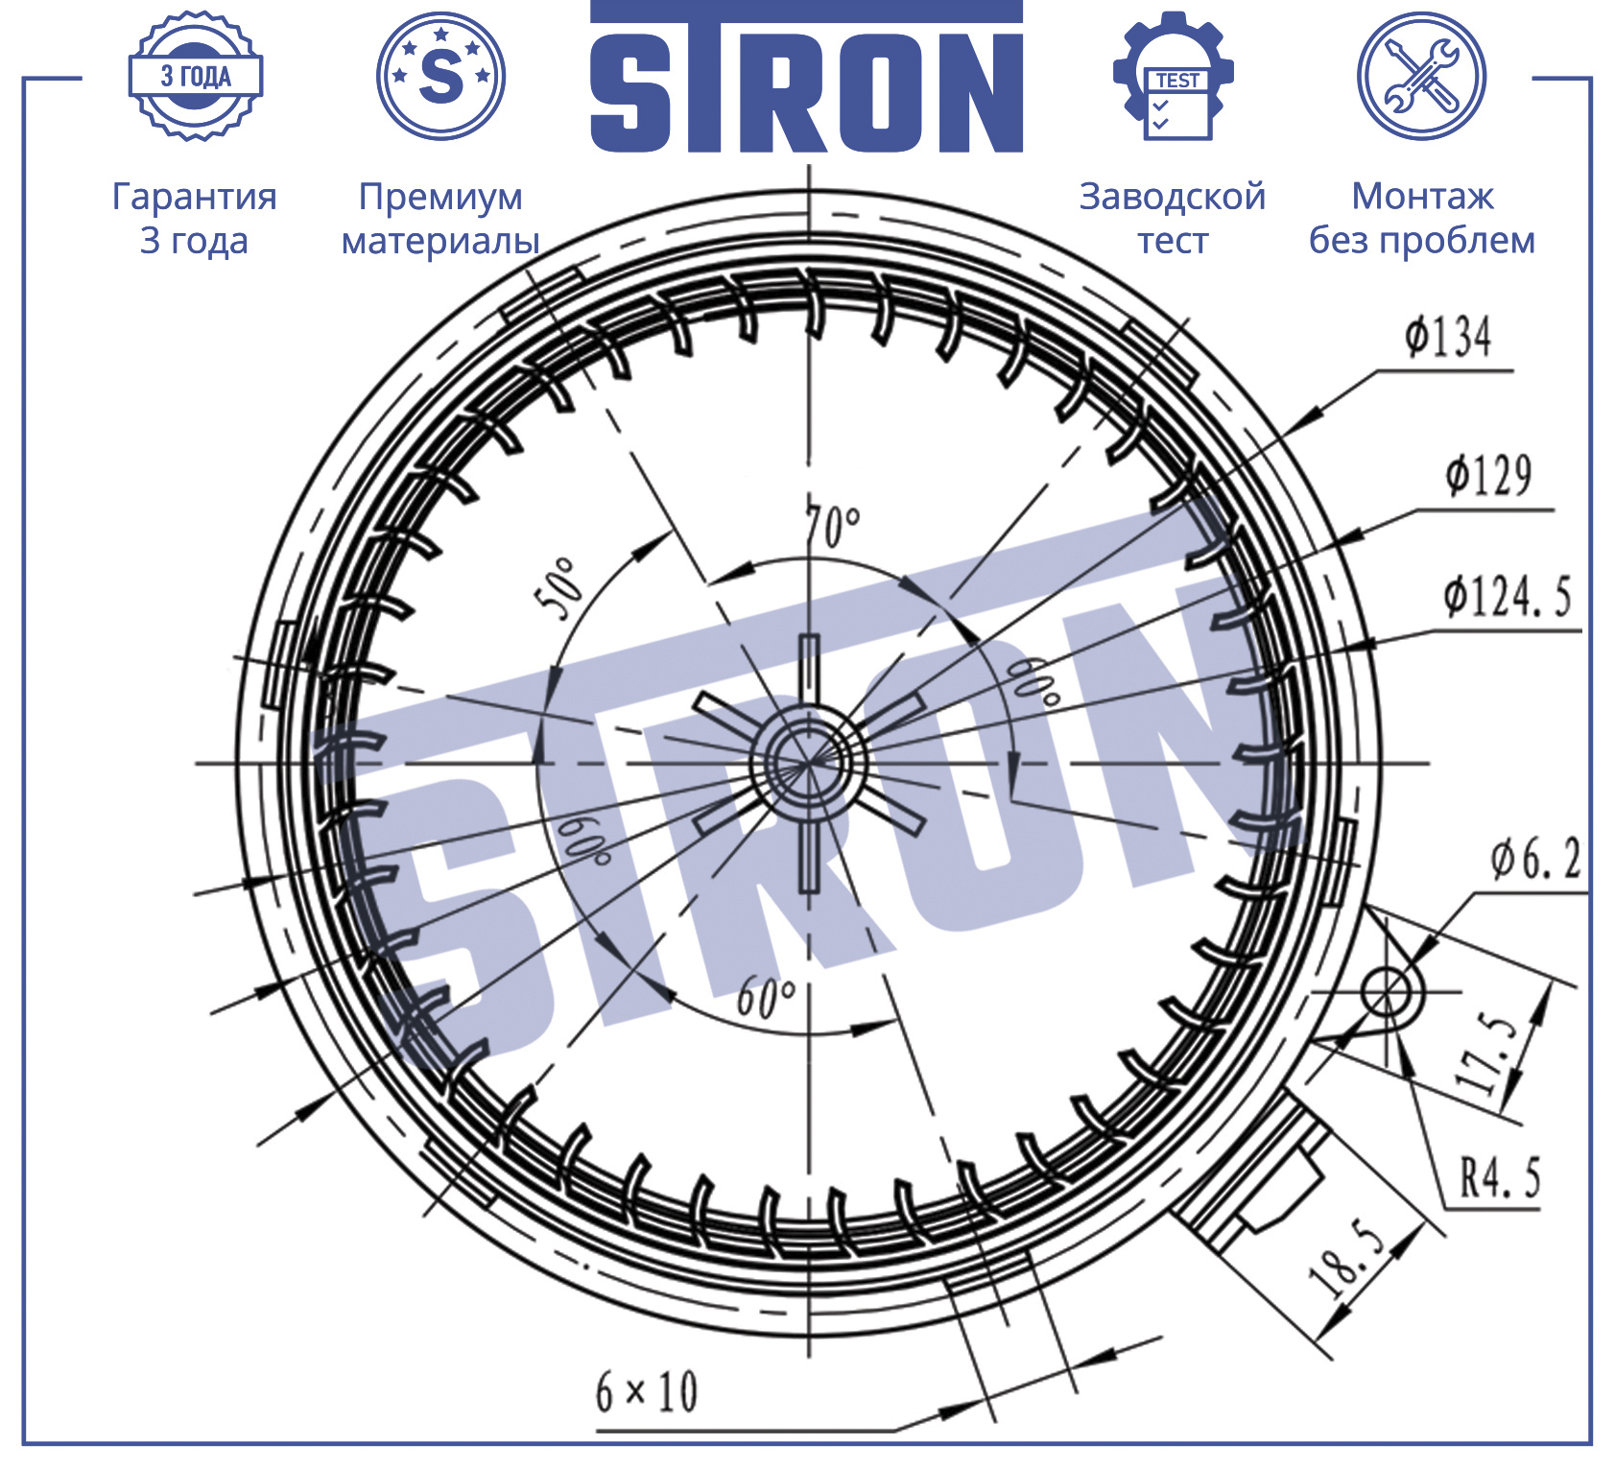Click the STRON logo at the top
click(x=806, y=77)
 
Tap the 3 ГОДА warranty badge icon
click(x=196, y=77)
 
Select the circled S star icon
click(x=441, y=76)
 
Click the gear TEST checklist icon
click(x=1174, y=76)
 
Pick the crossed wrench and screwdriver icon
click(x=1421, y=76)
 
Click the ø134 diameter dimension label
click(x=1448, y=338)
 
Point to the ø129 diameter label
click(x=1488, y=476)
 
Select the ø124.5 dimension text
click(x=1508, y=597)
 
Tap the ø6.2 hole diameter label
click(x=1534, y=858)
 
